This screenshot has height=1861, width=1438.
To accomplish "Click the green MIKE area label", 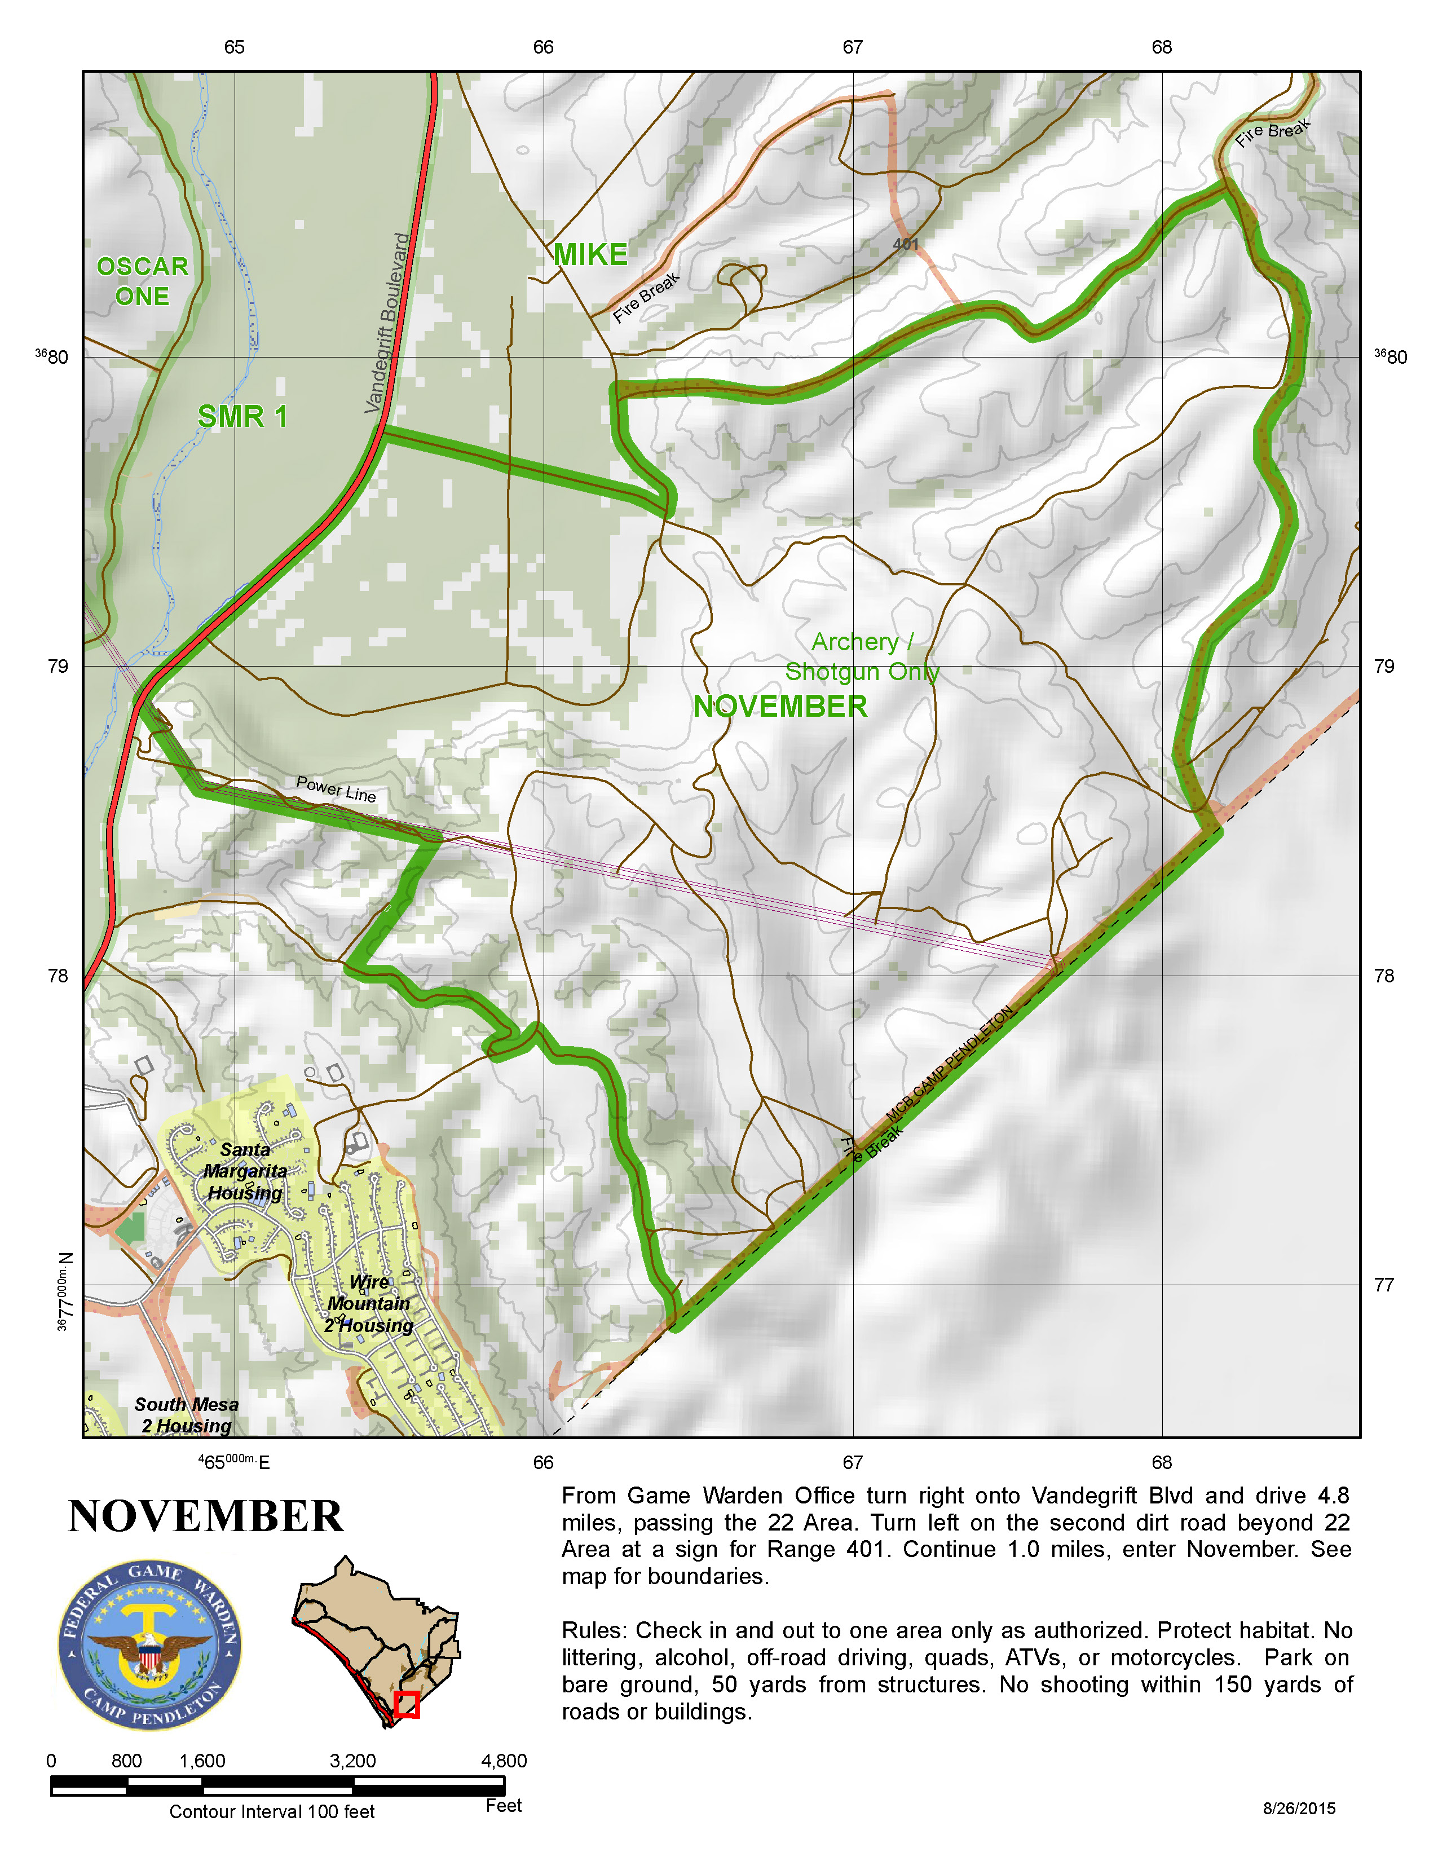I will (x=590, y=255).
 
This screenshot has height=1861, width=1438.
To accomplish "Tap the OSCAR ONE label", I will (x=142, y=281).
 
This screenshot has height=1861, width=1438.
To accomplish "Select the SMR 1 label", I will (x=243, y=417).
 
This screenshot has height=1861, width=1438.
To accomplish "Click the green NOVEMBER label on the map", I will (x=779, y=707).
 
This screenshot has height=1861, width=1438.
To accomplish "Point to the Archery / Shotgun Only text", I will (x=862, y=656).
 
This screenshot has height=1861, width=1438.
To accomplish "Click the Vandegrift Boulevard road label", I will (x=387, y=323).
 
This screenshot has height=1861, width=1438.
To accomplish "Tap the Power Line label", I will (x=336, y=788).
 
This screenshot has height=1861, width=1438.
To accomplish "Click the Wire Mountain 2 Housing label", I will (x=369, y=1304).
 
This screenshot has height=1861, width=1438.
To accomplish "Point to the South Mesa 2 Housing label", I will (x=187, y=1415).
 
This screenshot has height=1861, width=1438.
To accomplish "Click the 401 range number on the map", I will (x=906, y=245).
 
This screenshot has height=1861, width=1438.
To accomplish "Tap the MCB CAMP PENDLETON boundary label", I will (x=949, y=1064).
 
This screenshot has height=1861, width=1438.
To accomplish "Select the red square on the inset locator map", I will (x=407, y=1704).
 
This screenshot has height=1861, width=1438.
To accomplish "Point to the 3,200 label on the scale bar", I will (x=352, y=1761).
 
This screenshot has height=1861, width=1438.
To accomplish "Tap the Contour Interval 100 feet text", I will (x=272, y=1811).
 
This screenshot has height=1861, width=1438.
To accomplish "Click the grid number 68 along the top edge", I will (x=1161, y=47).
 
